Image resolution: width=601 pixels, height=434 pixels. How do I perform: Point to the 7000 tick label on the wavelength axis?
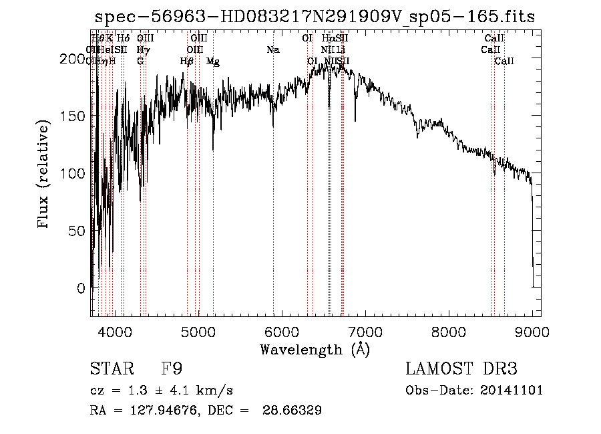tap(365, 331)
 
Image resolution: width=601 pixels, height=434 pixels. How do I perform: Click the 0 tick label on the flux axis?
tap(81, 288)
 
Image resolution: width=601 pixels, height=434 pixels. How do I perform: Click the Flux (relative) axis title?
tap(45, 175)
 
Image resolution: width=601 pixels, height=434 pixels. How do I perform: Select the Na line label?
tap(272, 49)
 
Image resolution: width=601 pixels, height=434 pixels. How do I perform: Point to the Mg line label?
tap(213, 62)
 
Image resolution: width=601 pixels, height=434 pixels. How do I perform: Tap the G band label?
tap(140, 62)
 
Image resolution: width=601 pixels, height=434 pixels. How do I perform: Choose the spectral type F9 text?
tap(172, 369)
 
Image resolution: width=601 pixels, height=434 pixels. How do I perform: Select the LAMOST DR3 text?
tap(461, 369)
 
